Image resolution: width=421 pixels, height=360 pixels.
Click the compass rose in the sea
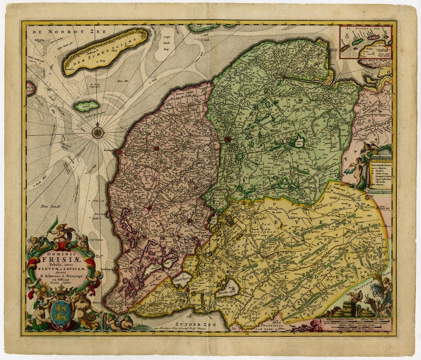click(x=98, y=130)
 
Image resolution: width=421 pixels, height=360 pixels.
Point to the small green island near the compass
click(x=87, y=105)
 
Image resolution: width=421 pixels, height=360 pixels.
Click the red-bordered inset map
click(x=366, y=42)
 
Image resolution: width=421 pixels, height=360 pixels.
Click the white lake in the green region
click(x=299, y=142)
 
